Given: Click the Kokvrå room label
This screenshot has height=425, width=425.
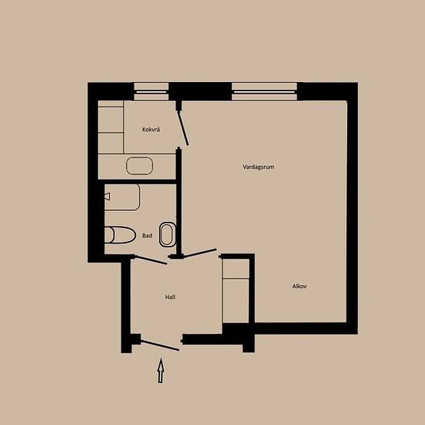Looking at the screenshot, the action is pyautogui.click(x=151, y=130).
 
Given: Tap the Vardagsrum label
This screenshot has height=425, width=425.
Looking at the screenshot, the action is pyautogui.click(x=258, y=167).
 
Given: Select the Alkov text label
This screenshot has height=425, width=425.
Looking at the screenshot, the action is pyautogui.click(x=299, y=286).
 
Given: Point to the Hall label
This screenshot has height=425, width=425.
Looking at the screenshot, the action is pyautogui.click(x=170, y=297).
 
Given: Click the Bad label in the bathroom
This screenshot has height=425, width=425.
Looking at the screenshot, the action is pyautogui.click(x=147, y=236).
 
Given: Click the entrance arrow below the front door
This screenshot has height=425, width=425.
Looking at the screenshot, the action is pyautogui.click(x=161, y=370).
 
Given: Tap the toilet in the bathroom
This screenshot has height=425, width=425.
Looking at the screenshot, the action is pyautogui.click(x=120, y=235).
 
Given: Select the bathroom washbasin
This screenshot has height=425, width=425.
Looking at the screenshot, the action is pyautogui.click(x=168, y=235).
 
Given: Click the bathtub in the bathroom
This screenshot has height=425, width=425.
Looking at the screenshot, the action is pyautogui.click(x=123, y=197).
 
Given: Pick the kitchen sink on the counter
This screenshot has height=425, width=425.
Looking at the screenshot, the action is pyautogui.click(x=139, y=165).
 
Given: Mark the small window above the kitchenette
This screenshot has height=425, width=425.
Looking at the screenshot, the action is pyautogui.click(x=151, y=92).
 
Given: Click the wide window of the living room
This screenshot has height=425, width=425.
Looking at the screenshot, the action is pyautogui.click(x=264, y=92).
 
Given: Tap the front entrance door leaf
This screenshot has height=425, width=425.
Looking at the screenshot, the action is pyautogui.click(x=160, y=345).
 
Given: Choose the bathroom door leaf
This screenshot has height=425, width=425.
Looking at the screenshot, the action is pyautogui.click(x=151, y=260).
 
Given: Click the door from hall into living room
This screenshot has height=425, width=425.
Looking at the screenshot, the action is pyautogui.click(x=200, y=253).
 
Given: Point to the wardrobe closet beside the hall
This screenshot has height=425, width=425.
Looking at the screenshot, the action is pyautogui.click(x=236, y=291).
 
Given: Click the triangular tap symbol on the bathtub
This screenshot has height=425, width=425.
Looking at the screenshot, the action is pyautogui.click(x=107, y=196).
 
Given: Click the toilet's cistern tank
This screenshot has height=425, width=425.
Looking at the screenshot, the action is pyautogui.click(x=109, y=235).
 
